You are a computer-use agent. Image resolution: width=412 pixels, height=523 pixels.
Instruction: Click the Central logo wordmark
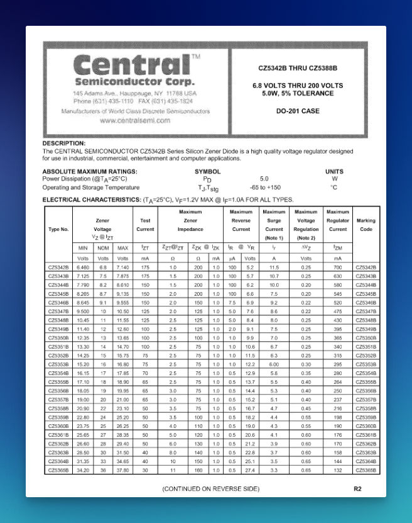point(131,65)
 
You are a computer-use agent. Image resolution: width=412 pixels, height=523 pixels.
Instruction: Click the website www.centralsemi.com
point(135,120)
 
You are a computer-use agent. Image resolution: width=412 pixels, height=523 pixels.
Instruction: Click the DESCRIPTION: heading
point(64,143)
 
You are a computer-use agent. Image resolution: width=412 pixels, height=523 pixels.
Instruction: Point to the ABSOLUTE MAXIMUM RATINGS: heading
point(90,171)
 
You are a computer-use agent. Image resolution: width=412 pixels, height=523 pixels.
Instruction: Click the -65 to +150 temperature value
point(265,188)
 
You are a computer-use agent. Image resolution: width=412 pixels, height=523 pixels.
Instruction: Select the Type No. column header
point(58,229)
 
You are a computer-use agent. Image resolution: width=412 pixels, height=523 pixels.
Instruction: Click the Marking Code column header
point(366,225)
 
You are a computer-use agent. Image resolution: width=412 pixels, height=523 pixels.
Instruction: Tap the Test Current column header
point(145,225)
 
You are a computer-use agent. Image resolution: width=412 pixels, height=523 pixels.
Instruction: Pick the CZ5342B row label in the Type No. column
point(58,268)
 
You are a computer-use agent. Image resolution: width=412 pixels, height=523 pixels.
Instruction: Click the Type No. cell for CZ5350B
point(58,338)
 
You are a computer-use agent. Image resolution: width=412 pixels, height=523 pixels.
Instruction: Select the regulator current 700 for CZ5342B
point(338,268)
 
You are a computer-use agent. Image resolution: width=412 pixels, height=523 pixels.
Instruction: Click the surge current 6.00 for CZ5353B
point(274,364)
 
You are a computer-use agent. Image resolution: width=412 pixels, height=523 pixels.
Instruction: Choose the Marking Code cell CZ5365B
point(366,470)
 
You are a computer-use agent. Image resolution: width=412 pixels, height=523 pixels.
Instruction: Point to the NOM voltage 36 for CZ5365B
point(102,470)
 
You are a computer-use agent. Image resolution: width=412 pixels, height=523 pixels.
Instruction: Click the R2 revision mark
point(357,488)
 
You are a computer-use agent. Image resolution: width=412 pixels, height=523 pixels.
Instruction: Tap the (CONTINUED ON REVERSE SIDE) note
point(210,488)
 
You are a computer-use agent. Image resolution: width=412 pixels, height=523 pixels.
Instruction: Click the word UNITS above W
point(334,171)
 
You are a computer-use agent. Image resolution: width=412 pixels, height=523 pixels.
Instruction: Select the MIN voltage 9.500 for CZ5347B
point(83,312)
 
